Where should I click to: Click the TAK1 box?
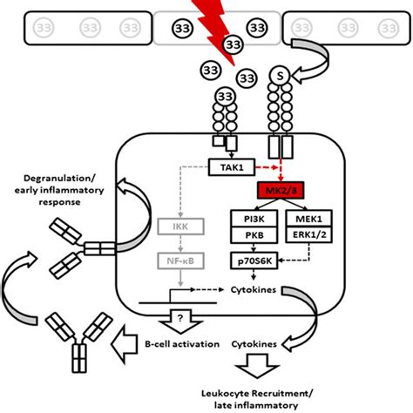coord(232,167)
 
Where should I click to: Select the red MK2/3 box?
coord(281,190)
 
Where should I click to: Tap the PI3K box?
coord(254,219)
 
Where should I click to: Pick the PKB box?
coord(254,234)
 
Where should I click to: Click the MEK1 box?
coord(308,219)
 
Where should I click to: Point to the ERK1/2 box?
coord(308,234)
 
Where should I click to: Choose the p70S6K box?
coord(254,261)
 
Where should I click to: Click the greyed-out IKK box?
coord(180,227)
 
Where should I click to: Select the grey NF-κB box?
coord(180,261)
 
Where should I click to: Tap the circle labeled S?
coord(280,76)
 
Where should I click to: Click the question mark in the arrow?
coord(180,318)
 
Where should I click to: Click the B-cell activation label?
coord(182,344)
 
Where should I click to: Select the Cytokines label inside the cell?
coord(254,289)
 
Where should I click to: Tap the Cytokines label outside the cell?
coord(254,344)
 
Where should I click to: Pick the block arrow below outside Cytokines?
coord(257,366)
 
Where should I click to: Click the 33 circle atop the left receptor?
coord(226,96)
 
